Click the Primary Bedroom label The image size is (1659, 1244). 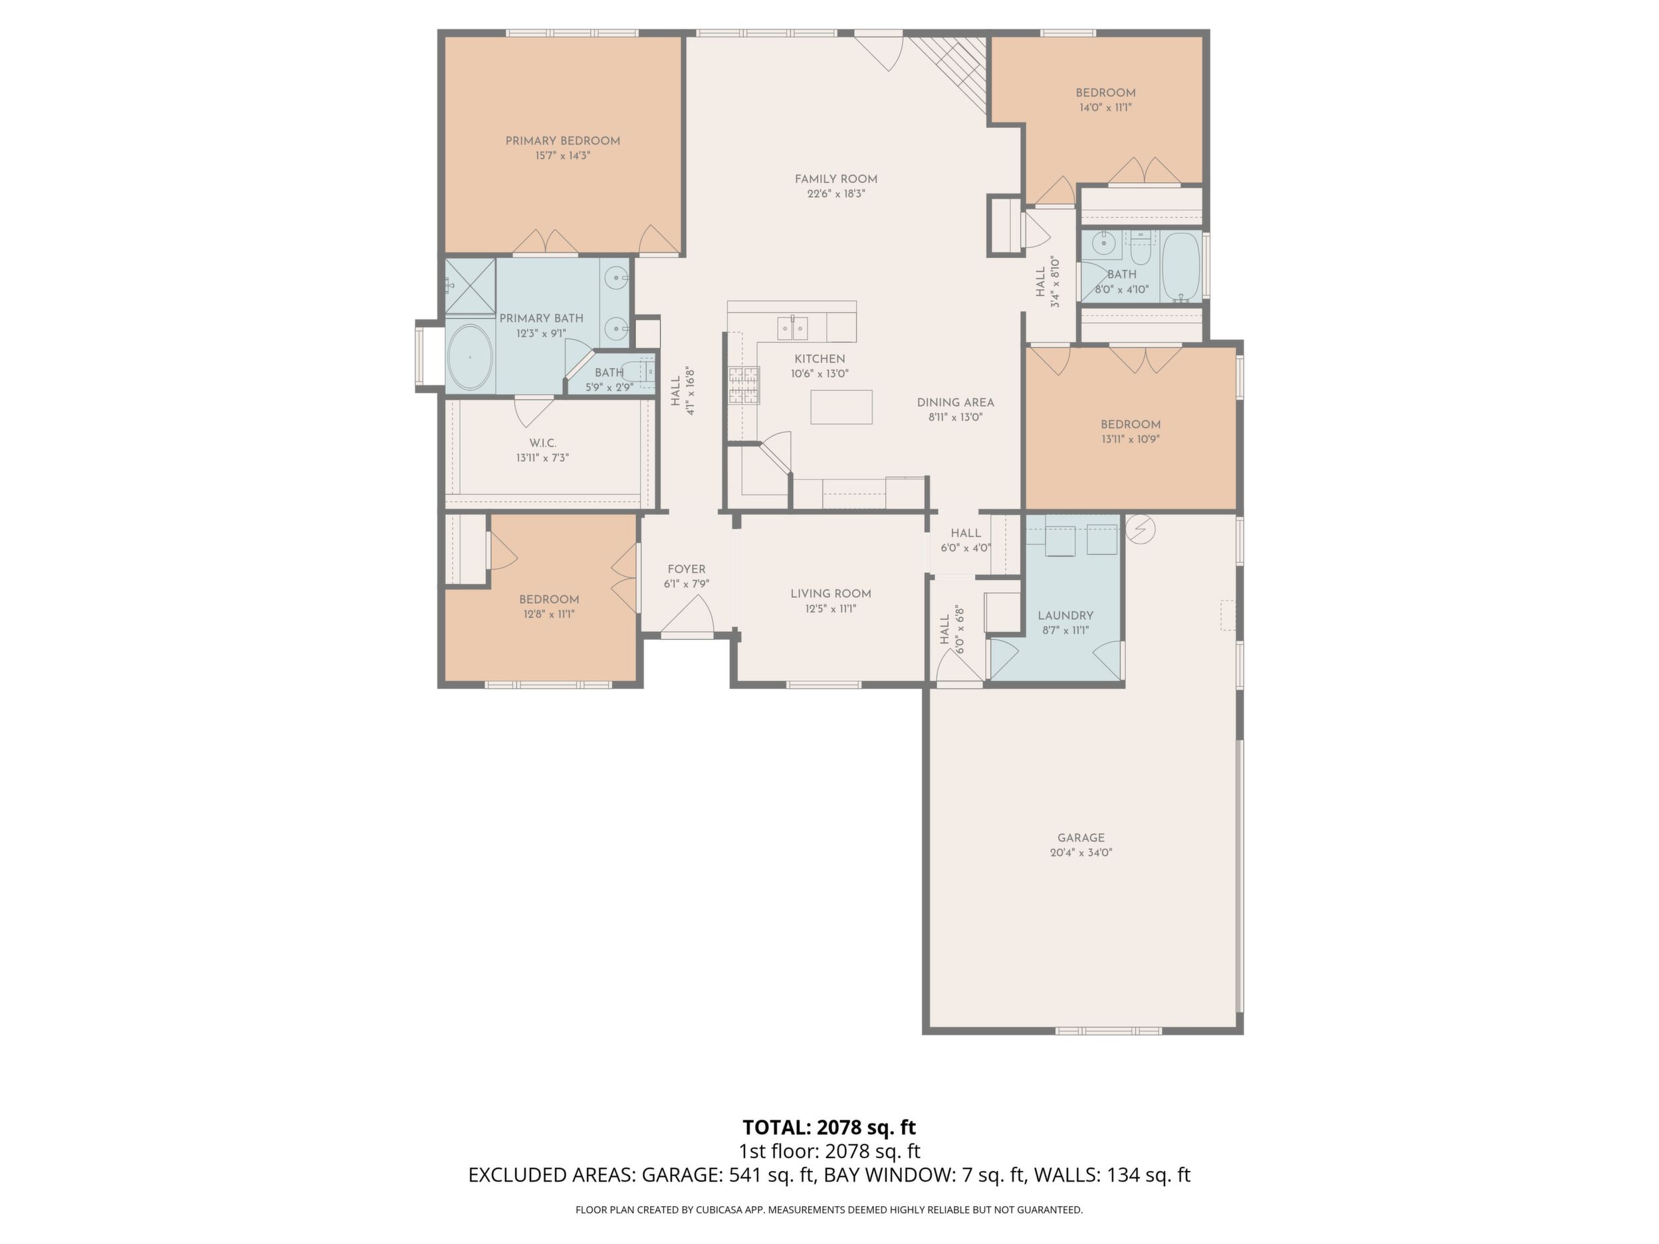coord(562,141)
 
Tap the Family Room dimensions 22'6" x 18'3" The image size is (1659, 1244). coord(835,193)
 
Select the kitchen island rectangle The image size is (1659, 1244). coord(841,407)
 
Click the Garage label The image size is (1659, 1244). coord(1081,837)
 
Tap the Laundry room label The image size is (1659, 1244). coord(1065,615)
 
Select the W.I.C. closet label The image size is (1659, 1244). coord(542,443)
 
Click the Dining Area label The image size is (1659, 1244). coord(956,403)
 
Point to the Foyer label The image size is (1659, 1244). coord(686,569)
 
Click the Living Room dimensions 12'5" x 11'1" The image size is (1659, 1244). coord(831,609)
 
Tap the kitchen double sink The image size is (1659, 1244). coord(792,328)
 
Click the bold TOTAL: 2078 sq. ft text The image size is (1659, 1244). coord(829,1127)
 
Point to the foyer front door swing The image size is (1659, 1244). coord(687,615)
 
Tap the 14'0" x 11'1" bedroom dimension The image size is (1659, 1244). coord(1105,107)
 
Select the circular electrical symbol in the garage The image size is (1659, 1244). coord(1140,530)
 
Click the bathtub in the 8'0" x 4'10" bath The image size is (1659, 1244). coord(1180,267)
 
